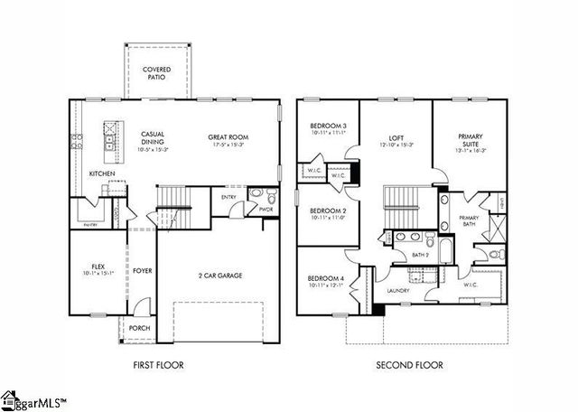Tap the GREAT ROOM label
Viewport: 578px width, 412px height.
tap(228, 137)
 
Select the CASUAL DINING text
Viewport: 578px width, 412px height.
tap(152, 138)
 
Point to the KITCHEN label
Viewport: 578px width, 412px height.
tap(101, 173)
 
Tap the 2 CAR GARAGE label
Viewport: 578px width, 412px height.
tap(220, 276)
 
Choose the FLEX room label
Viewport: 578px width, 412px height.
tap(98, 267)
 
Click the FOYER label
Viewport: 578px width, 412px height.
tap(143, 270)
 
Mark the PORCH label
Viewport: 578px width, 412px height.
tap(139, 328)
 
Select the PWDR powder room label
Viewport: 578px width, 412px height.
tap(266, 210)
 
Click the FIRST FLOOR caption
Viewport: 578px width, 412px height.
tap(157, 366)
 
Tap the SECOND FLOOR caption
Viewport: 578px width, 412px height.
tap(409, 366)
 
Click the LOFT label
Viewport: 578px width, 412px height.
tap(396, 138)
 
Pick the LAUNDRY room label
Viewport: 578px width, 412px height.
tap(398, 290)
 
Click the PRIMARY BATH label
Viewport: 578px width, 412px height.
tap(468, 220)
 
